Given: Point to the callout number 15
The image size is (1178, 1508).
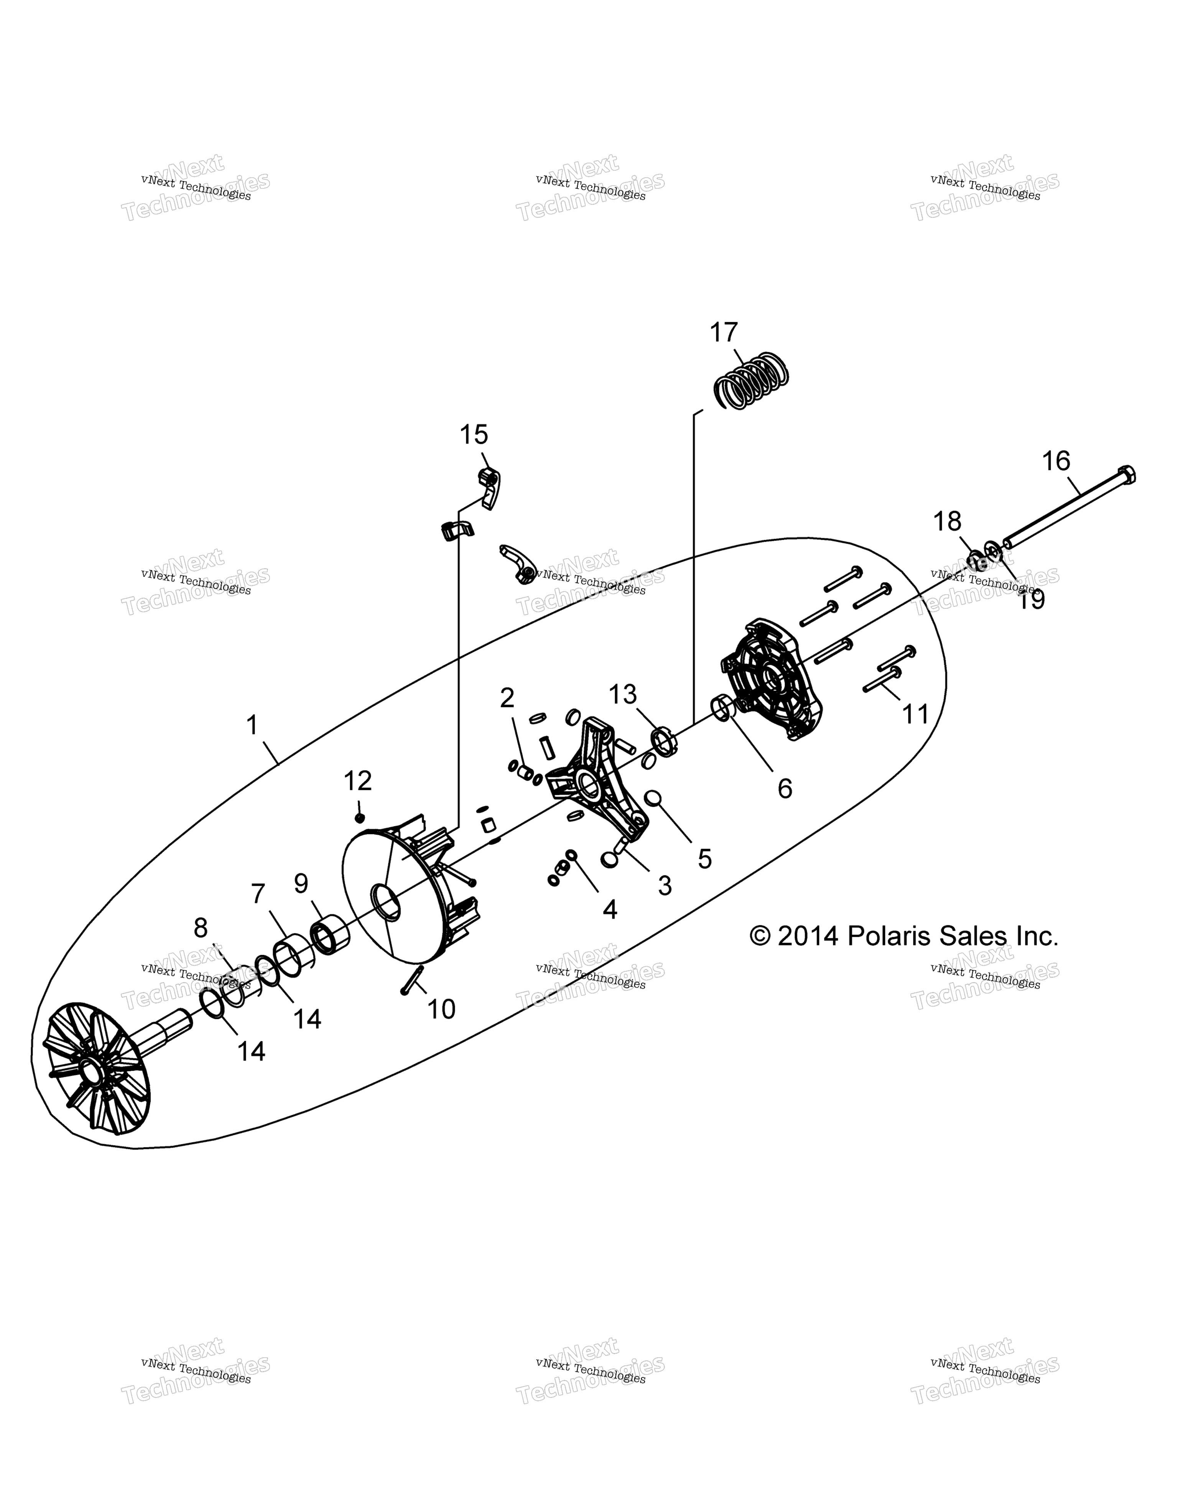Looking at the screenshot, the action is click(474, 435).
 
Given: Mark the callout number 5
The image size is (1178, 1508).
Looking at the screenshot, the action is click(704, 859).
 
